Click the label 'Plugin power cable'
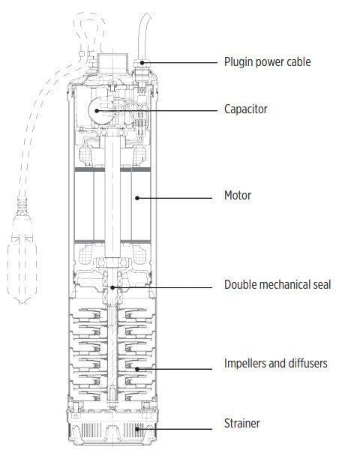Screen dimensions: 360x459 pyautogui.click(x=267, y=62)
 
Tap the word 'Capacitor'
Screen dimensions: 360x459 pyautogui.click(x=245, y=109)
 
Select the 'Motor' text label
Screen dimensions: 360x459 pyautogui.click(x=237, y=195)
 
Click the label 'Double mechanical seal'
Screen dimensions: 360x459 pyautogui.click(x=277, y=284)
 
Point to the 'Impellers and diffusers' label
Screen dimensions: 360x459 pyautogui.click(x=276, y=363)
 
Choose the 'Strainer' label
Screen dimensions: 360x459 pyautogui.click(x=241, y=423)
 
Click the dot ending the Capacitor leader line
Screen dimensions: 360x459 pyautogui.click(x=97, y=111)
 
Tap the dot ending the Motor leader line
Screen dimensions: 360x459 pyautogui.click(x=137, y=198)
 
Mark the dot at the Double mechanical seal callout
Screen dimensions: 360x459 pyautogui.click(x=112, y=287)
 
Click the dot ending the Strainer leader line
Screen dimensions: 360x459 pyautogui.click(x=137, y=429)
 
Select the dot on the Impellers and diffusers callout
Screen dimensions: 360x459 pyautogui.click(x=137, y=369)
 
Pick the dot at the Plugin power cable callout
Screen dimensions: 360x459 pyautogui.click(x=142, y=62)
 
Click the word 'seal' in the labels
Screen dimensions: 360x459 pyautogui.click(x=321, y=284)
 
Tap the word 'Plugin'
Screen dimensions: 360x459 pyautogui.click(x=237, y=62)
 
